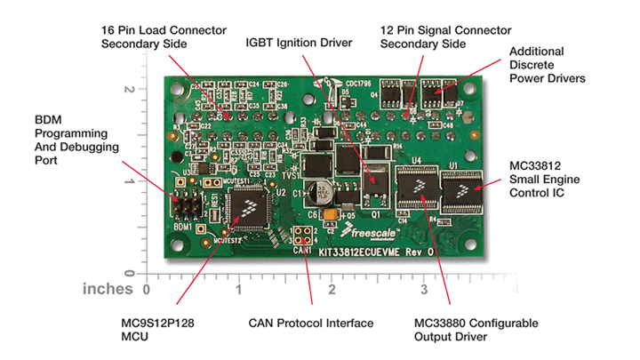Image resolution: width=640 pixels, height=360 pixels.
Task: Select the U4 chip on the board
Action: tap(413, 188)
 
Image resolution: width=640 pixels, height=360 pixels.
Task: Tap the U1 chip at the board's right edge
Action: tap(460, 188)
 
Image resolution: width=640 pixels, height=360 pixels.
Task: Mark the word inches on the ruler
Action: tap(108, 289)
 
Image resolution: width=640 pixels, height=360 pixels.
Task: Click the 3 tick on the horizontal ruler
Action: tap(423, 289)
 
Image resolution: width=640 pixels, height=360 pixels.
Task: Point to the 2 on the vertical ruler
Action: tap(130, 90)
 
